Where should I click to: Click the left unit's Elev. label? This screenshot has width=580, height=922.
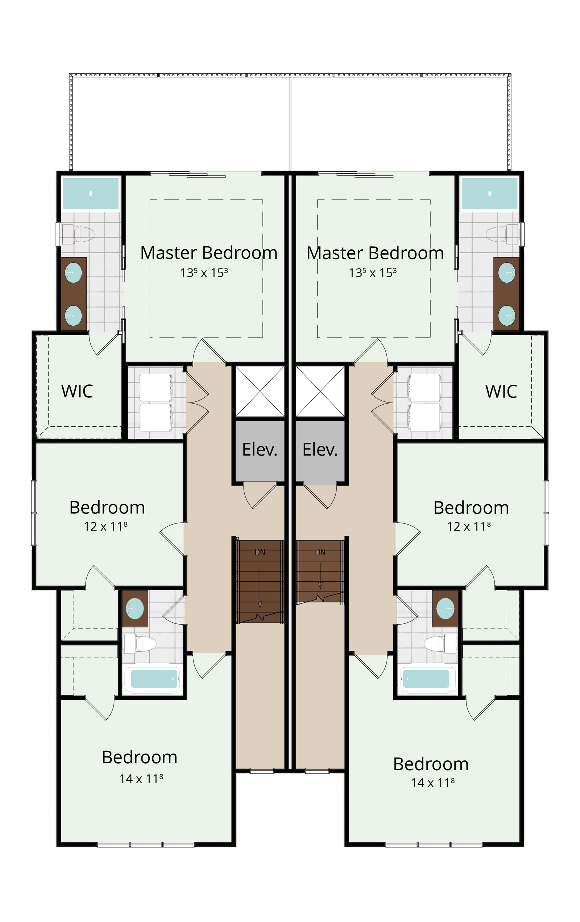click(259, 450)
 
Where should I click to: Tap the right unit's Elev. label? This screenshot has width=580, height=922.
click(320, 450)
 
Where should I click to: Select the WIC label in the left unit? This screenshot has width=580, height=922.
click(77, 391)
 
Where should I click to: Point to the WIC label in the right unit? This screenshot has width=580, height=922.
click(501, 391)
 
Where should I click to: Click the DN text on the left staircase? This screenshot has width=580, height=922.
click(260, 552)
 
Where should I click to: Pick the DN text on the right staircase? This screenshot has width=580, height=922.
click(320, 552)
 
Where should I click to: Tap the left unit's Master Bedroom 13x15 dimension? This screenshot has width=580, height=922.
click(204, 273)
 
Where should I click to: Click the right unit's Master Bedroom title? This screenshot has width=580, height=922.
click(375, 253)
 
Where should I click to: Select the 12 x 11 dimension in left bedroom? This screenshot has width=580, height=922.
click(106, 526)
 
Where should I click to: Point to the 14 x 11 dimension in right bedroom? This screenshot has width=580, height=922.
click(433, 783)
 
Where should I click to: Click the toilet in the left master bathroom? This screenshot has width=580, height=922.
click(78, 234)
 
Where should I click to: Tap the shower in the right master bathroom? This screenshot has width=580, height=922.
click(489, 193)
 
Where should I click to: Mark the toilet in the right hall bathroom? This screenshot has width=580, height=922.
click(440, 644)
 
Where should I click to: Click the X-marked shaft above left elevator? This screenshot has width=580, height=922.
click(260, 391)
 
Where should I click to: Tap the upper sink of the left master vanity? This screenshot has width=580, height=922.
click(74, 273)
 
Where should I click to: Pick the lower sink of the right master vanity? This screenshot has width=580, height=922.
click(506, 316)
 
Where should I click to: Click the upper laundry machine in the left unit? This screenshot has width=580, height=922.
click(156, 388)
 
